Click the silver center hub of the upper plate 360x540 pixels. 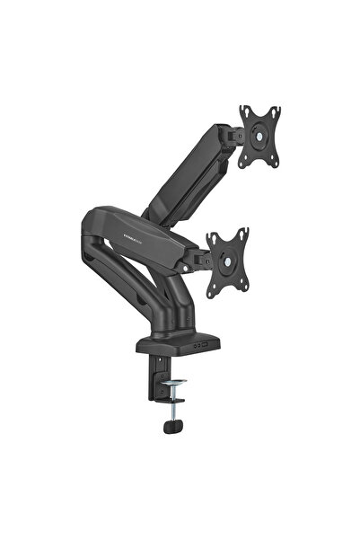coord(261,136)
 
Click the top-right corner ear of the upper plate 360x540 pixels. coord(277,110)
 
